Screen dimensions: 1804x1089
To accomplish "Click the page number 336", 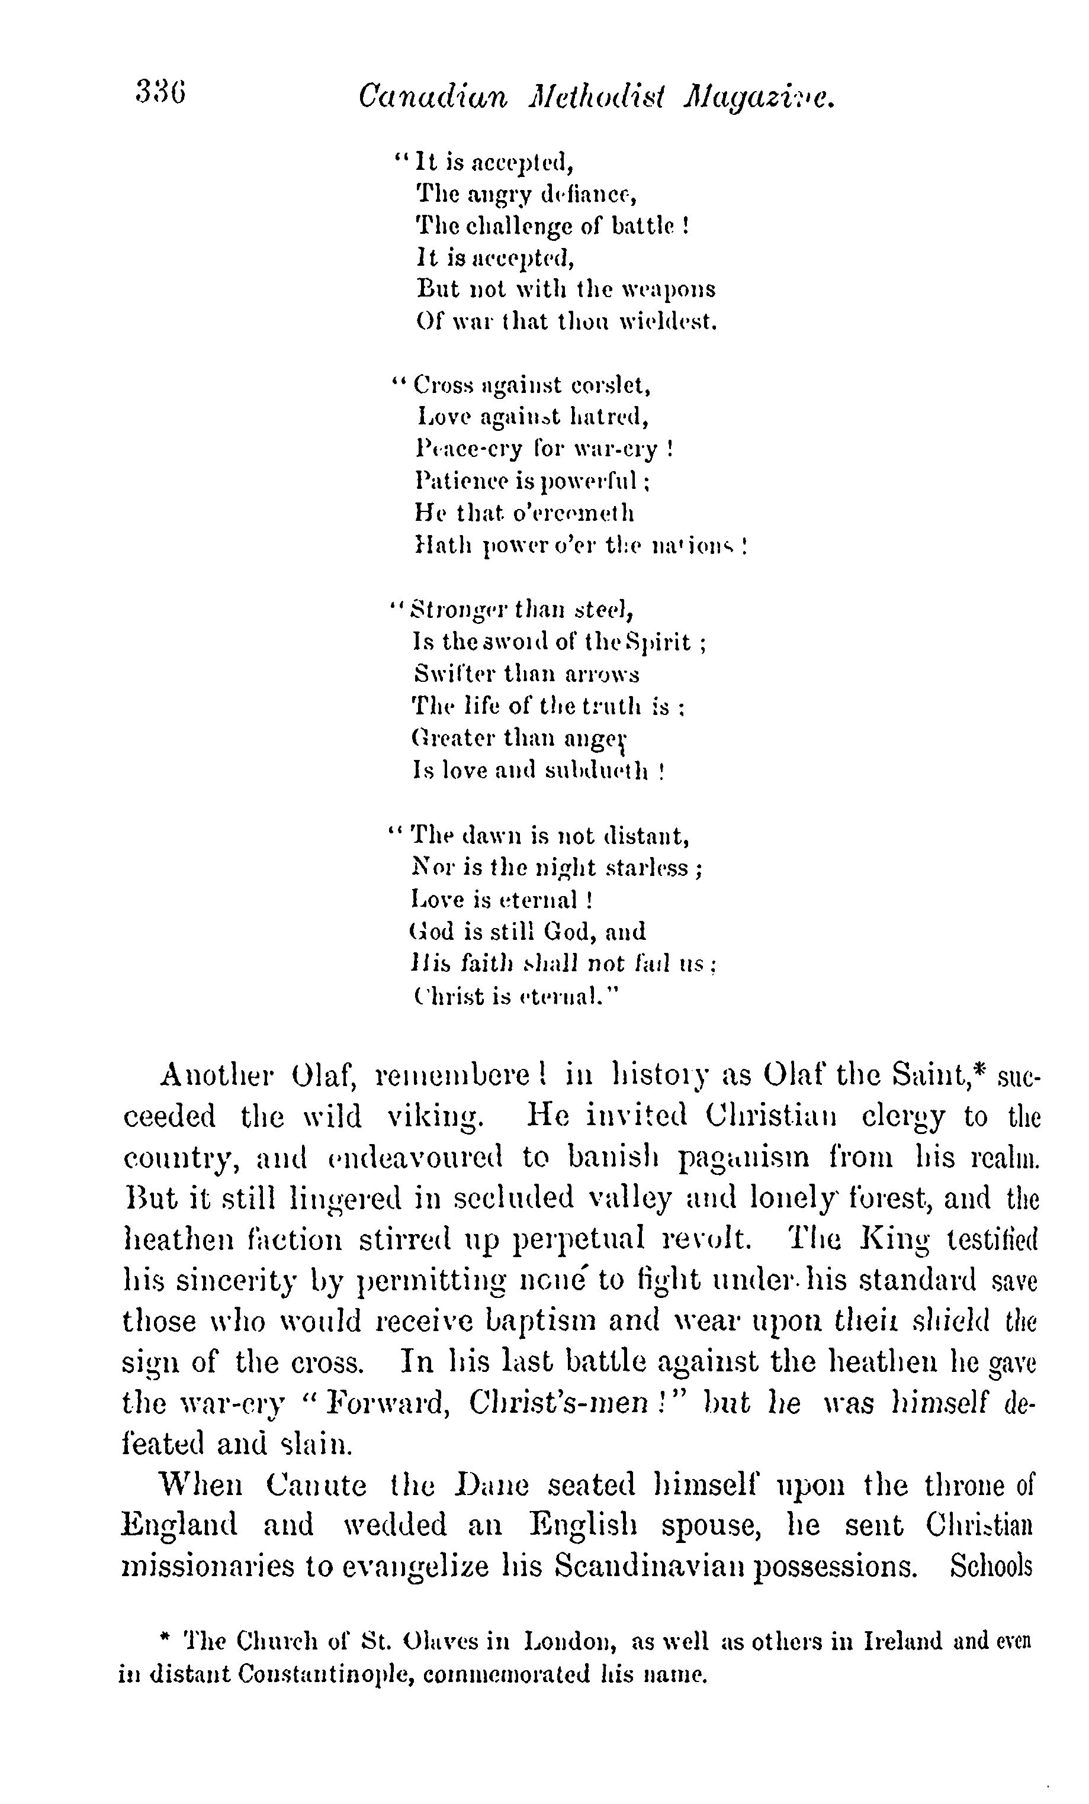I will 160,93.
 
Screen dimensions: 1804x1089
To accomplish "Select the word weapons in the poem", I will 668,289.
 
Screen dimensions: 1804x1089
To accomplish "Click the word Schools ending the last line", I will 990,1566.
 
